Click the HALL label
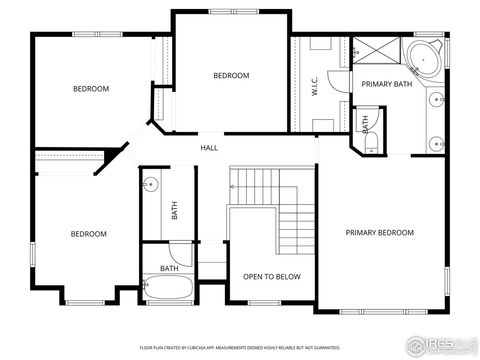(209, 148)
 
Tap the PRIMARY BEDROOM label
(379, 233)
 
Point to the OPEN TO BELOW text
(265, 276)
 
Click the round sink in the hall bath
(152, 184)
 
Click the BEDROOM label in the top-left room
(91, 89)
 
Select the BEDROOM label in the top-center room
(231, 76)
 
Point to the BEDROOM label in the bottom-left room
(88, 234)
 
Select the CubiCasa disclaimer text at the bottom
(240, 347)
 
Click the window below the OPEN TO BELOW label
(265, 303)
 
